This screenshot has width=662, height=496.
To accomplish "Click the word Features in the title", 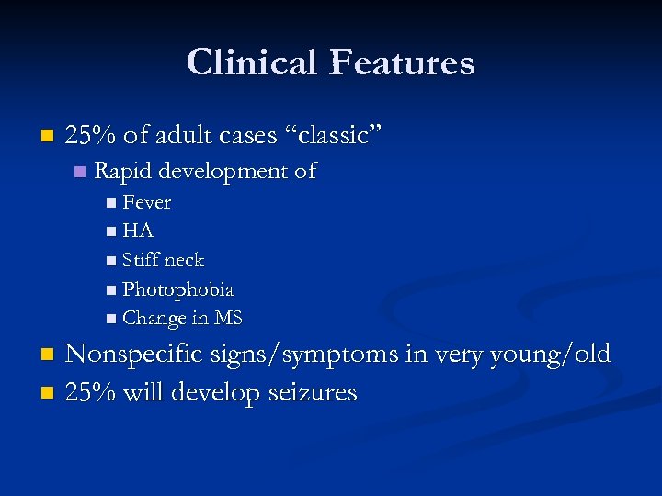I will (x=402, y=62).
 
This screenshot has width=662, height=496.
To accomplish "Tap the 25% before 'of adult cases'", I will (x=90, y=136).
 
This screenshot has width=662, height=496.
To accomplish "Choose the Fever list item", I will (x=146, y=202).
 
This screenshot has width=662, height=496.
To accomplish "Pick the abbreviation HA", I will (x=137, y=231).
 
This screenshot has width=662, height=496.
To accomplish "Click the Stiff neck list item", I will (x=163, y=261).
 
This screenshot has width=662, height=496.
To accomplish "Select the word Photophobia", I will (x=177, y=290).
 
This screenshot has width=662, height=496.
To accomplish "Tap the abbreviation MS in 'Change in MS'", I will (x=228, y=319).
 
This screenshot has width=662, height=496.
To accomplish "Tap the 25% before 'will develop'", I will (x=90, y=392).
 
